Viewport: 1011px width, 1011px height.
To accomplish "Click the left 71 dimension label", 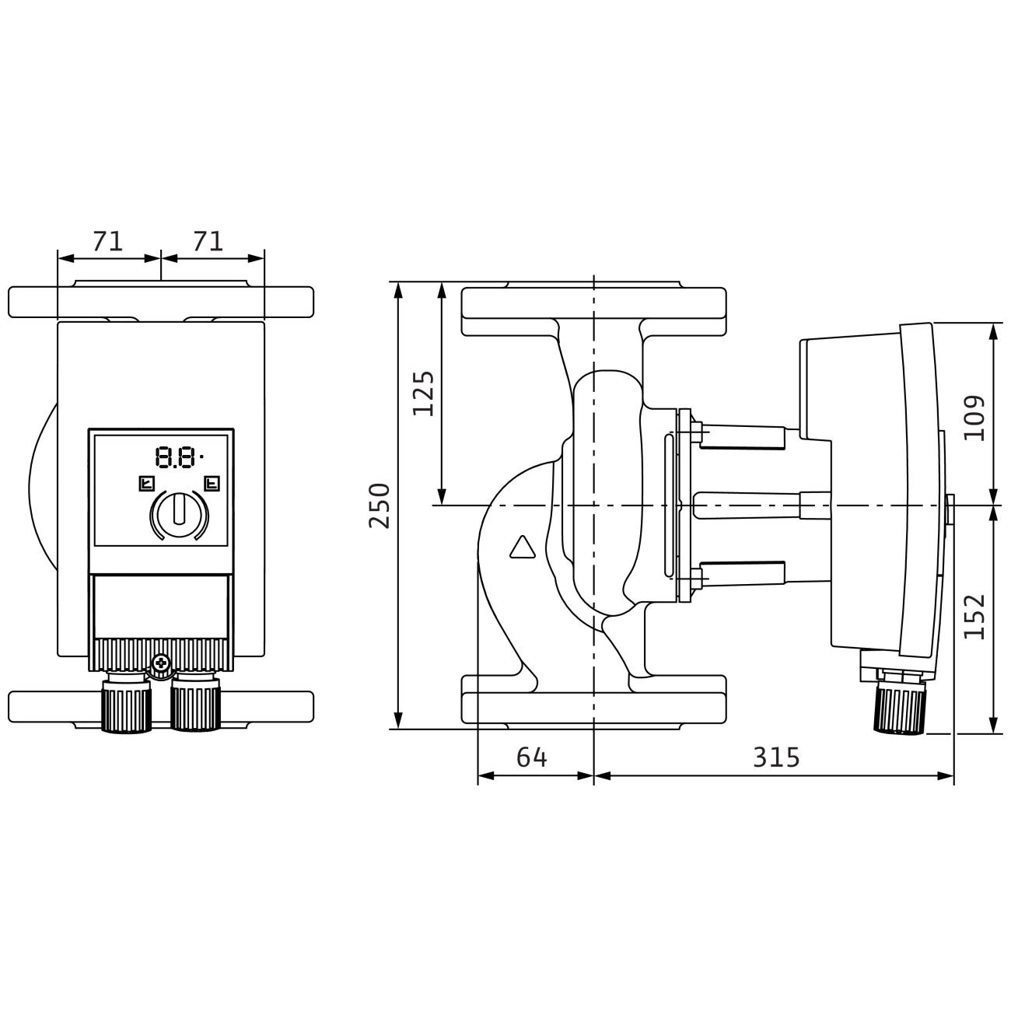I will (107, 241).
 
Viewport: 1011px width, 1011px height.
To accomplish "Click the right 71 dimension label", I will (208, 241).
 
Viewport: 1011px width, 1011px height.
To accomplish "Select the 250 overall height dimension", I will (380, 505).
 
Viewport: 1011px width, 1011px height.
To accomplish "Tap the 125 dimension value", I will (424, 394).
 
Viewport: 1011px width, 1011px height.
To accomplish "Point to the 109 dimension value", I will (974, 418).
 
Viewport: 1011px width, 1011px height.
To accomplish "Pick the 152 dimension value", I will (974, 617).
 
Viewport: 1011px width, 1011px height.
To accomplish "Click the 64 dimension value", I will (532, 757).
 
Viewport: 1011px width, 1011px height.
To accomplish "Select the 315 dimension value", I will (776, 757).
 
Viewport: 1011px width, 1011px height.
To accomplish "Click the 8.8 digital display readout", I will (176, 457).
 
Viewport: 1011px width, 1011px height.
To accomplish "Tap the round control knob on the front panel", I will (179, 513).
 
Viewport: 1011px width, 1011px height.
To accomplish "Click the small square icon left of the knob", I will (145, 485).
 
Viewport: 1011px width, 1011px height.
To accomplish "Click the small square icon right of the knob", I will (212, 485).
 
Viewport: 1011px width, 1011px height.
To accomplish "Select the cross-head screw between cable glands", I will (161, 663).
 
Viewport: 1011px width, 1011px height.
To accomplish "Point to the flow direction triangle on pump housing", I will (522, 548).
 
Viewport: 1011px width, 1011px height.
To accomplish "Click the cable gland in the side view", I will (900, 708).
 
